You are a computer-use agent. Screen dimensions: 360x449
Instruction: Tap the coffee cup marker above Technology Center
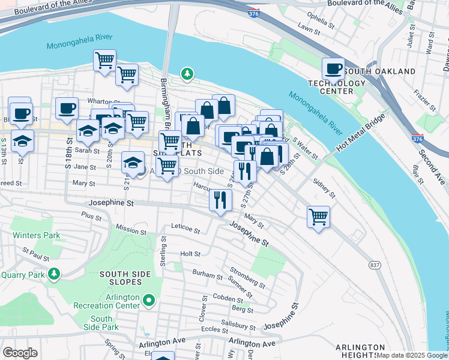point(333,69)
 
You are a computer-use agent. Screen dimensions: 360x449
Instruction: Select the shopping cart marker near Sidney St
point(318,217)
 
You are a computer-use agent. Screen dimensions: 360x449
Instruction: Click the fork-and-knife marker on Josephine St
point(220,200)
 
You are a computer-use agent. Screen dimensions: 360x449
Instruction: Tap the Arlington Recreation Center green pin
point(149,299)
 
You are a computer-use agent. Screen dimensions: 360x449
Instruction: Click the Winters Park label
point(35,235)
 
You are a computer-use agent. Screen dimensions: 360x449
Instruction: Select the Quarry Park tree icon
point(55,274)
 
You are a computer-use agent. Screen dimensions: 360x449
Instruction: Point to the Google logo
point(20,353)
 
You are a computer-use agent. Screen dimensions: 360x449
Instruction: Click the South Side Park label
point(101,323)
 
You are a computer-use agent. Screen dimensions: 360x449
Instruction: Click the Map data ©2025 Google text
point(411,355)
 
